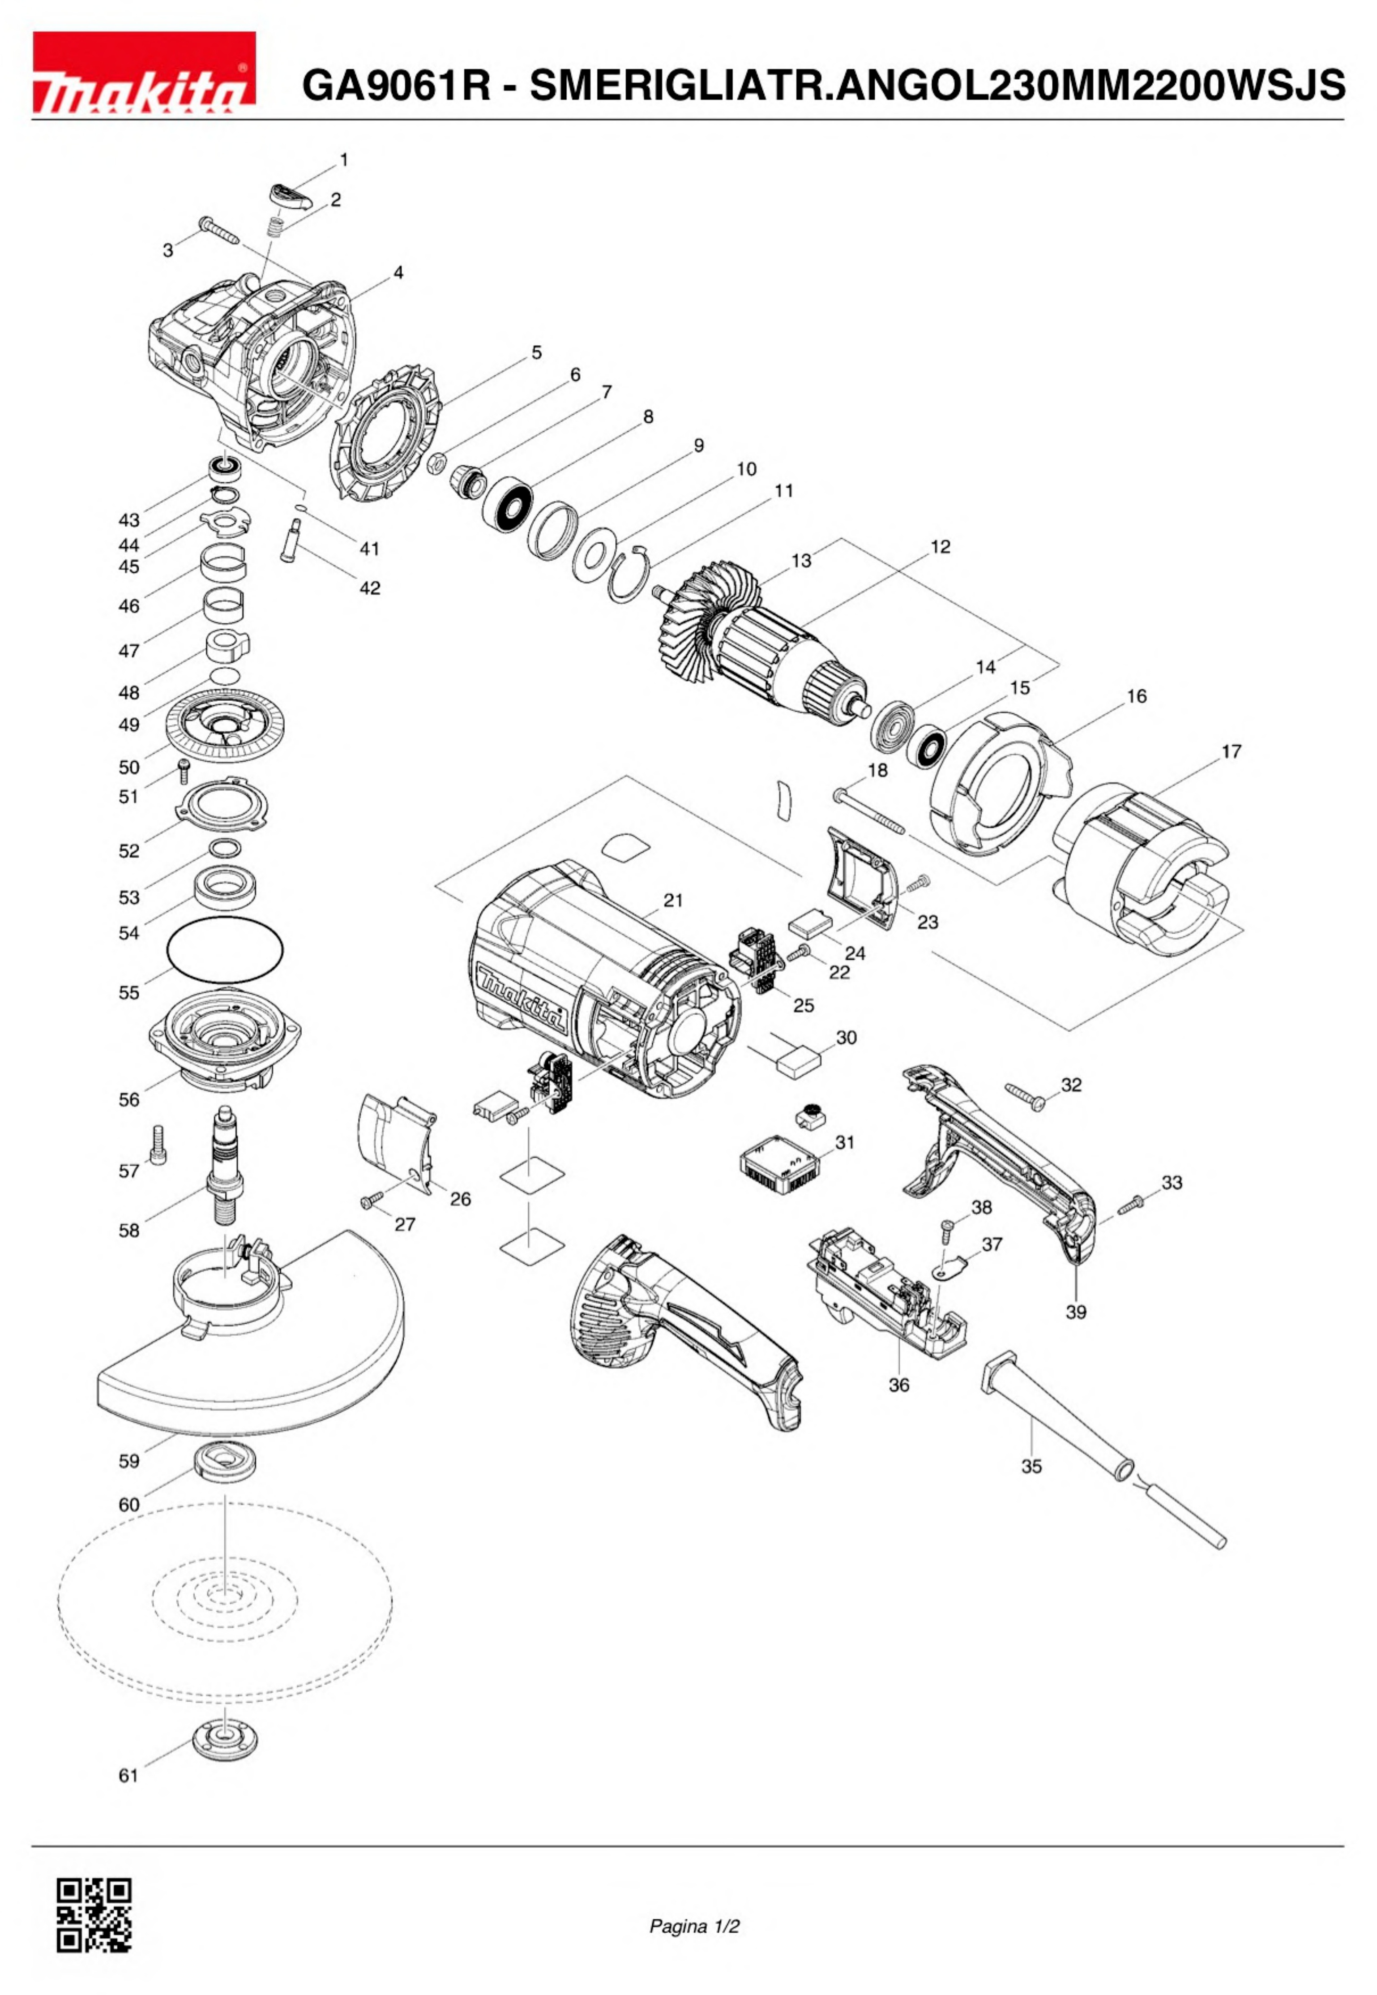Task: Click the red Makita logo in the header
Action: click(144, 73)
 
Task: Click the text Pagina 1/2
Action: click(694, 1926)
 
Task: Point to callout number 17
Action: click(1231, 751)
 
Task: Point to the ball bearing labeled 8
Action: click(507, 509)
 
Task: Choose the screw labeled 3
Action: click(220, 230)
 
